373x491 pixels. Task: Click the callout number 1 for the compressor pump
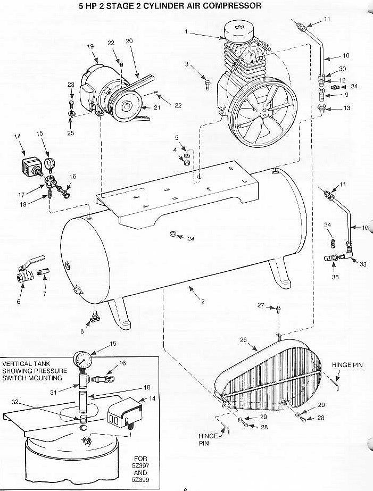click(x=186, y=31)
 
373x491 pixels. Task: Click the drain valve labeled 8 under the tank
click(x=95, y=317)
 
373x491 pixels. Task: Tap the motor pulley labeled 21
click(x=125, y=106)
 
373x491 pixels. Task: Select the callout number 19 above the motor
click(x=90, y=47)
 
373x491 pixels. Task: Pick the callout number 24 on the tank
click(x=190, y=239)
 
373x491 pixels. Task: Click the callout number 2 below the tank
click(x=203, y=302)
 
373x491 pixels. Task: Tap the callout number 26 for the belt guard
click(x=244, y=340)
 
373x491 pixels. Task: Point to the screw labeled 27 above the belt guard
click(x=278, y=309)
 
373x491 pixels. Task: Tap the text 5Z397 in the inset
click(x=140, y=465)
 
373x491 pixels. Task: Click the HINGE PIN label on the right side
click(x=347, y=365)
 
